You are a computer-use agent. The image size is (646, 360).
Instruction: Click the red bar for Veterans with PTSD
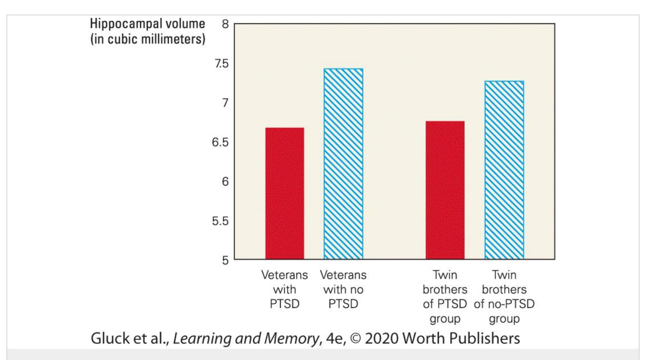click(x=284, y=193)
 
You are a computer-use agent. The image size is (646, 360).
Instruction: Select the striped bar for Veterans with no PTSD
click(x=343, y=164)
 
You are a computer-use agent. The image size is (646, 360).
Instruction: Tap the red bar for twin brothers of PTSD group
click(x=445, y=190)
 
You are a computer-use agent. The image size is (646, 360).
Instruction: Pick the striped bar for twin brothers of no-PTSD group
click(x=504, y=170)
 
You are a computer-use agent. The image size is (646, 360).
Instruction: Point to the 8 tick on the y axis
click(x=226, y=24)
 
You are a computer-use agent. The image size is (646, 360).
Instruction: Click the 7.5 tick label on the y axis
click(x=222, y=63)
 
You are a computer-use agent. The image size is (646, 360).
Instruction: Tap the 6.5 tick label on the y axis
click(x=220, y=142)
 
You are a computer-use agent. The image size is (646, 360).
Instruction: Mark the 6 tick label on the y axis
click(x=225, y=181)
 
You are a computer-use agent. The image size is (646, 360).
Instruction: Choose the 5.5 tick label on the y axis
click(x=220, y=221)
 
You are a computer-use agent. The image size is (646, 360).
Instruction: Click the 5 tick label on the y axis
click(x=226, y=260)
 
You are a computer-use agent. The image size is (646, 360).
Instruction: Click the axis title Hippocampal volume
click(x=148, y=24)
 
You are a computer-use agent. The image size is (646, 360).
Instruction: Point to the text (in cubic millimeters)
click(x=148, y=39)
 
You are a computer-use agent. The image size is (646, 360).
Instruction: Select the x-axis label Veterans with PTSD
click(x=284, y=289)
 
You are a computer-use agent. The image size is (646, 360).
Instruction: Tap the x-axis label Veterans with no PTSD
click(x=343, y=289)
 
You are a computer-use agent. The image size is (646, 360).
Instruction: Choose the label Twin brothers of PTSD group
click(x=445, y=297)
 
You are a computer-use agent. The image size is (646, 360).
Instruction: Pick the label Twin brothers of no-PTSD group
click(x=504, y=297)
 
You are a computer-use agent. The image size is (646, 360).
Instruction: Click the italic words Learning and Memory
click(x=246, y=339)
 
